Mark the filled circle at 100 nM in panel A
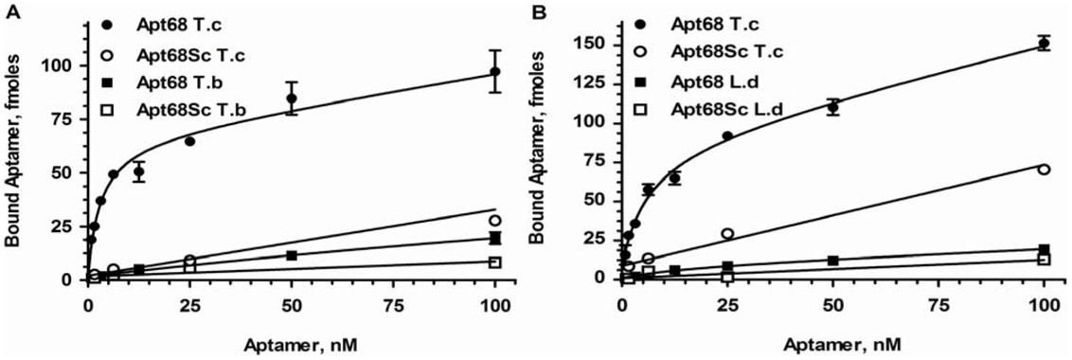point(494,72)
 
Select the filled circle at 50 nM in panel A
point(292,99)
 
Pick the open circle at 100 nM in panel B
point(1044,169)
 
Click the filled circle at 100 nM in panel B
point(1044,43)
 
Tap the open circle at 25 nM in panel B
point(727,233)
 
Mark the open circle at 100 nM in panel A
point(494,221)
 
